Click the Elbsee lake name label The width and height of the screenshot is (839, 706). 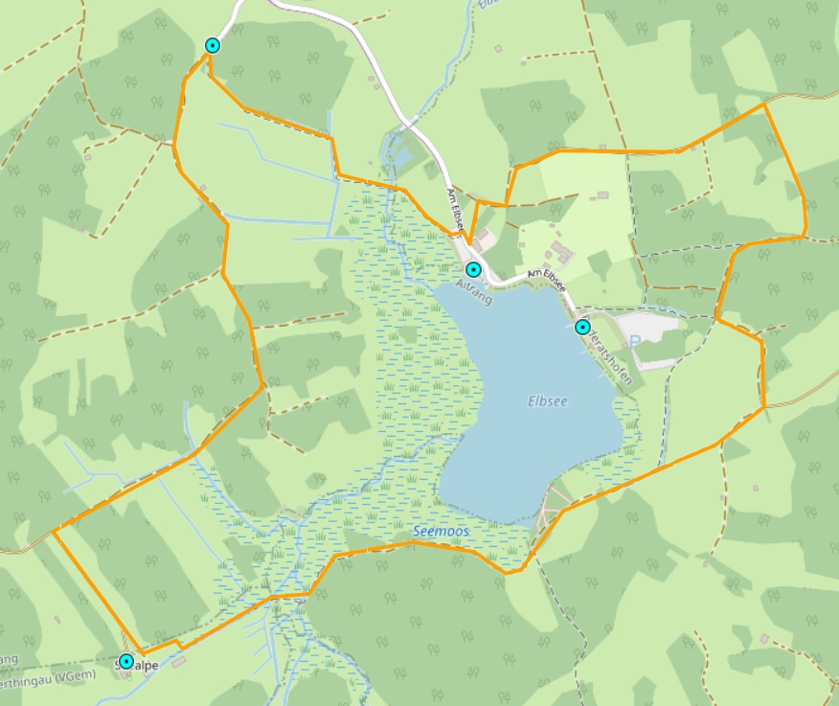(x=548, y=401)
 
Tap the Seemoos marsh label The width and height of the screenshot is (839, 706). (x=440, y=530)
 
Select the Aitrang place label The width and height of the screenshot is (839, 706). (x=474, y=292)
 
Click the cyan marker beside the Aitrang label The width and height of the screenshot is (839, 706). (x=472, y=269)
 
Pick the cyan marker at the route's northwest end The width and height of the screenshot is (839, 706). (x=213, y=45)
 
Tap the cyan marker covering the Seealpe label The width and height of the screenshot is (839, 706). (x=125, y=661)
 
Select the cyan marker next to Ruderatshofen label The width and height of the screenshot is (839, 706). (x=582, y=327)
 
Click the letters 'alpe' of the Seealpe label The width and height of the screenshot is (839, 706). (x=145, y=665)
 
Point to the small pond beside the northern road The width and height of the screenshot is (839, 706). (x=401, y=156)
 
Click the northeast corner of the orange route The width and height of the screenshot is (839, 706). (x=764, y=104)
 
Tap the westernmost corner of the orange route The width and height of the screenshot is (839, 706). (x=55, y=530)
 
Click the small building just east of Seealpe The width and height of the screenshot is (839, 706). (x=180, y=661)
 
